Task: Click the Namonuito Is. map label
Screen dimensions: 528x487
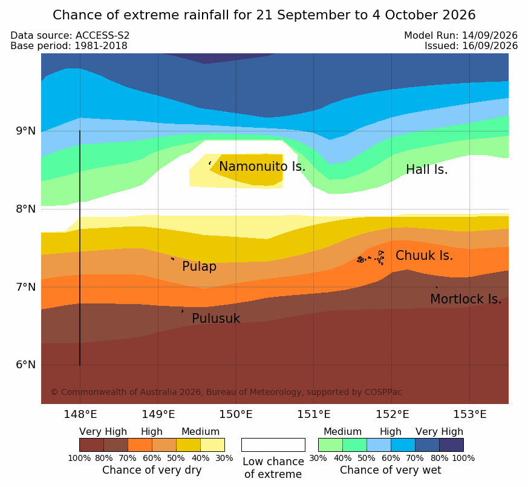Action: coord(262,167)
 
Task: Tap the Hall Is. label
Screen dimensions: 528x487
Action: coord(426,170)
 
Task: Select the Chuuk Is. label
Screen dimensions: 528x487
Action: coord(424,256)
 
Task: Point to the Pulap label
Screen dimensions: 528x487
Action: coord(199,267)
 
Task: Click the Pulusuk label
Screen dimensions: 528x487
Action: coord(216,319)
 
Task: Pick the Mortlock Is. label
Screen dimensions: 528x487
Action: coord(466,299)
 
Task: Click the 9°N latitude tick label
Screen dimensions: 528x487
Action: coord(25,131)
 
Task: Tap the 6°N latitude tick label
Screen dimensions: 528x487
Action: coord(25,365)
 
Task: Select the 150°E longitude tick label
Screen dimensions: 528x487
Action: coord(236,414)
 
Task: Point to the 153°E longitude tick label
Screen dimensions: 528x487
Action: coord(469,414)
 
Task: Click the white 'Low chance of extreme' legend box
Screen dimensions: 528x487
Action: coord(273,445)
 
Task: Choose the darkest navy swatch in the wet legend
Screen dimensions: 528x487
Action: coord(451,445)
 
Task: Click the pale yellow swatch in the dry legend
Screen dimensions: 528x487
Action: coord(212,445)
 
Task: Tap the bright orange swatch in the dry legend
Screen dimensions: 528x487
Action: coord(140,445)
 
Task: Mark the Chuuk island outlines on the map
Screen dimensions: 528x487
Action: coord(371,258)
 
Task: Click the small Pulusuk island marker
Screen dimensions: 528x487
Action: coord(183,311)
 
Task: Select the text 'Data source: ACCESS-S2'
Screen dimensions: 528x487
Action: coord(70,36)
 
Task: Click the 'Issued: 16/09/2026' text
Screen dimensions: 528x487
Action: coord(471,46)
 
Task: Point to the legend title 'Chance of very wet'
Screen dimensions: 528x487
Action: coord(390,470)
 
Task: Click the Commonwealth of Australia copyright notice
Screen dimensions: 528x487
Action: coord(226,392)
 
